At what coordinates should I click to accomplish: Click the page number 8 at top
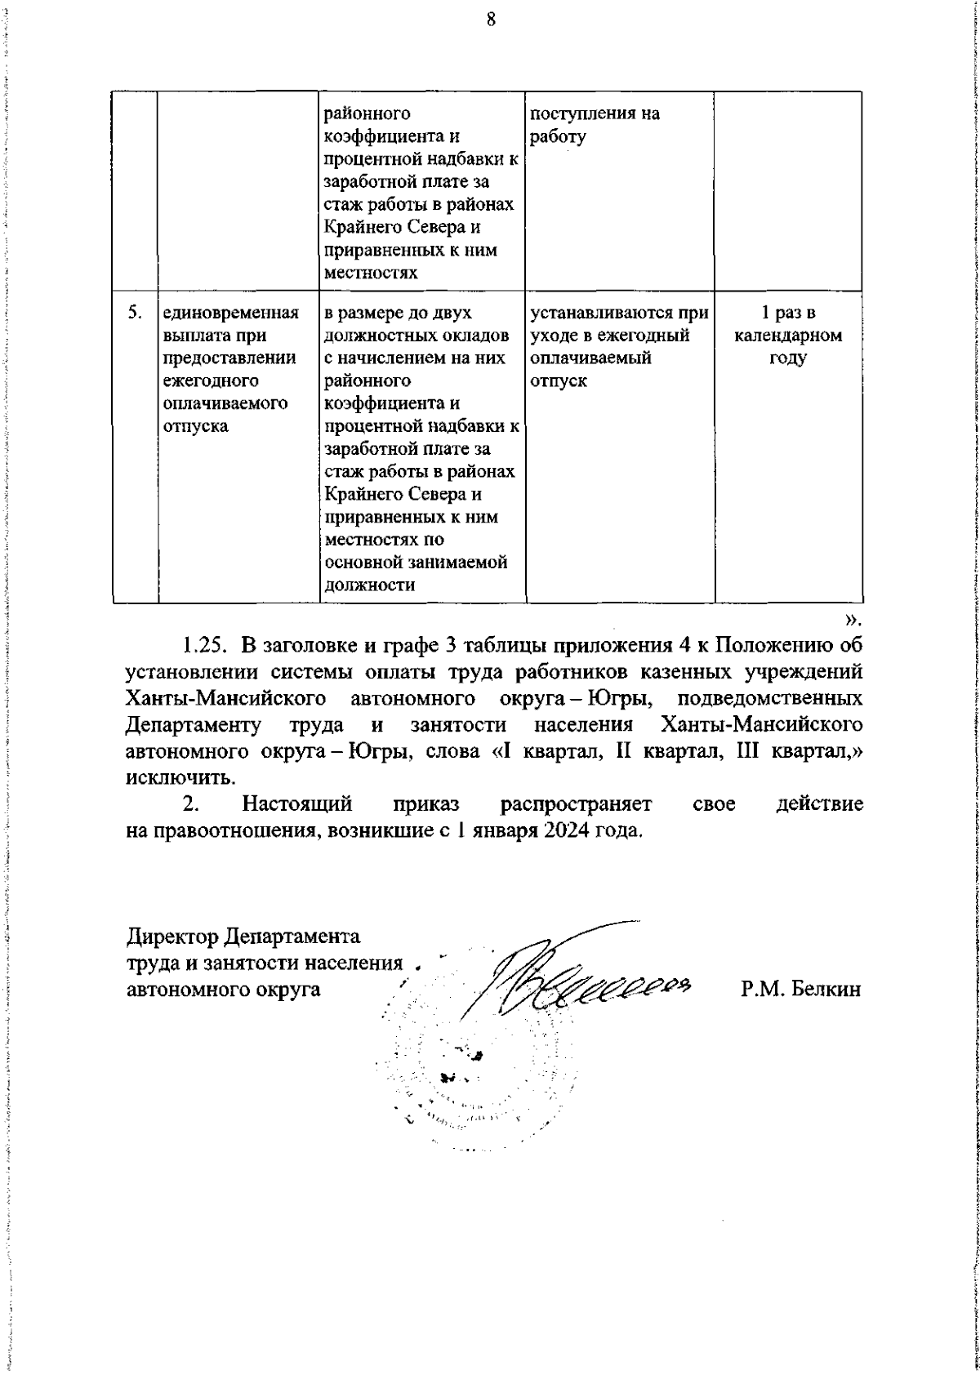point(491,20)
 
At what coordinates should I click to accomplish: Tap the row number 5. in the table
point(136,313)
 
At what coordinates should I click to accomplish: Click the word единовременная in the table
point(230,313)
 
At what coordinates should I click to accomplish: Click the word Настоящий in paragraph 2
point(297,803)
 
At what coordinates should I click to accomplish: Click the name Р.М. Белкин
point(801,989)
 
